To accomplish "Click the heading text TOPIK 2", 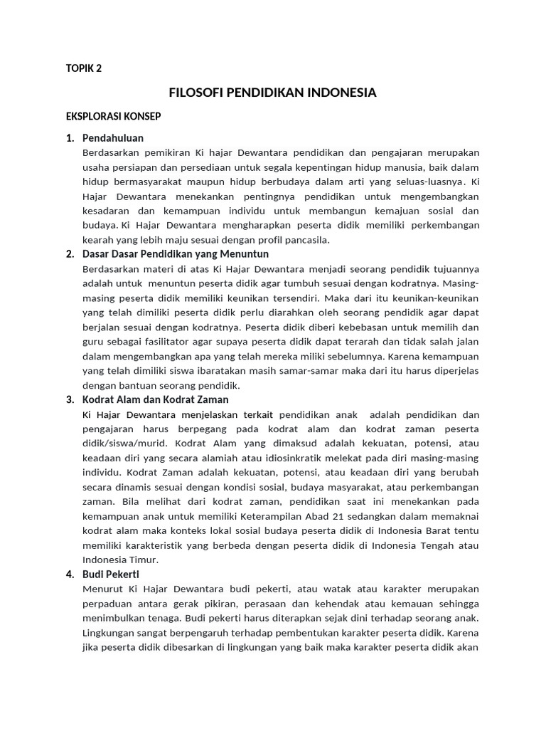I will pos(83,68).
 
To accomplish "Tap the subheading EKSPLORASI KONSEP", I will pos(113,116).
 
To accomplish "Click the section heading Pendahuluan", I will pos(113,137).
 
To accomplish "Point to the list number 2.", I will pos(70,254).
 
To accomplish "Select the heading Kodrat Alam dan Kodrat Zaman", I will pos(156,399).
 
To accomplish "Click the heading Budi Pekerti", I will pos(111,574).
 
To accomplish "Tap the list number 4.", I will pos(70,574).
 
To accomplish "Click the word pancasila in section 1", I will pos(307,240).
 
